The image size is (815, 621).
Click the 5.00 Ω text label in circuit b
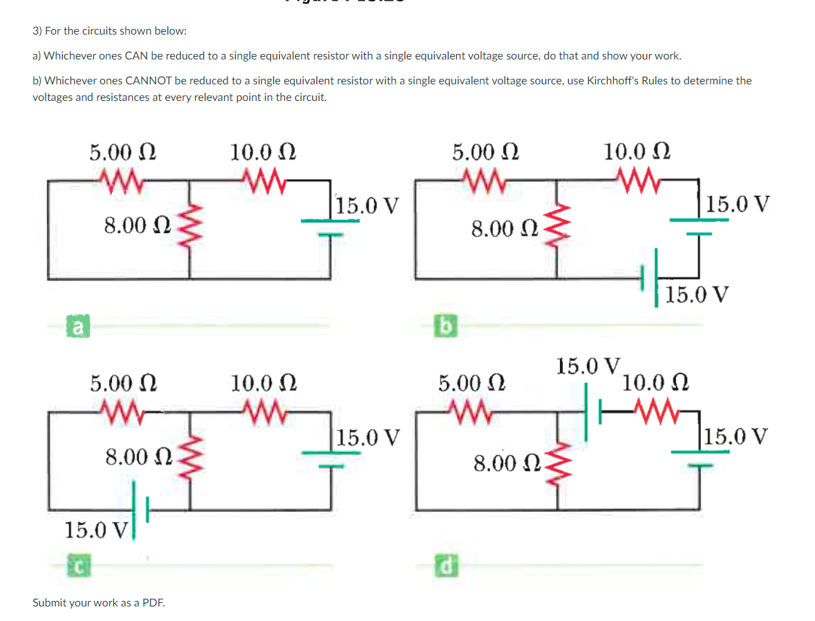485,151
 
